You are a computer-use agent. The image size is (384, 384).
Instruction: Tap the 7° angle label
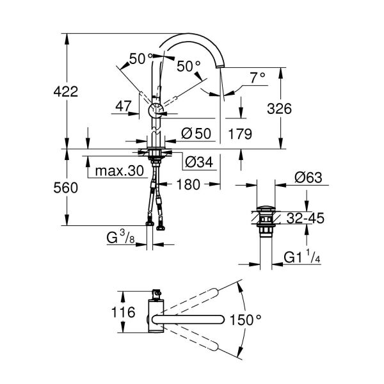(257, 79)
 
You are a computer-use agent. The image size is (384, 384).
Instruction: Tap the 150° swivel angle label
(262, 318)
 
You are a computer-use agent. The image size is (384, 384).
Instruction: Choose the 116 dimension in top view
(122, 313)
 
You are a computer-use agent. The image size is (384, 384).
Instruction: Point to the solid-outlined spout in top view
(192, 318)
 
